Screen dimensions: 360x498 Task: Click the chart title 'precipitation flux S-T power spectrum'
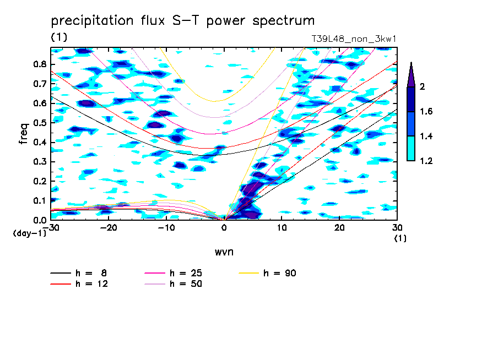182,21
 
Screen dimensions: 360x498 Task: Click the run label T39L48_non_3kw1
354,40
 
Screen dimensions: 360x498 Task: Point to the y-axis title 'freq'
23,133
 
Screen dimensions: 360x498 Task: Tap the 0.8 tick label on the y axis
39,64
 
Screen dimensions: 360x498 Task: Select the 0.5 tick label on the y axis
39,122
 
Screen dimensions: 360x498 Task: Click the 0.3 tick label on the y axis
39,161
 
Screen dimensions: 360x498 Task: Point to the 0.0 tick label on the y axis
39,220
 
